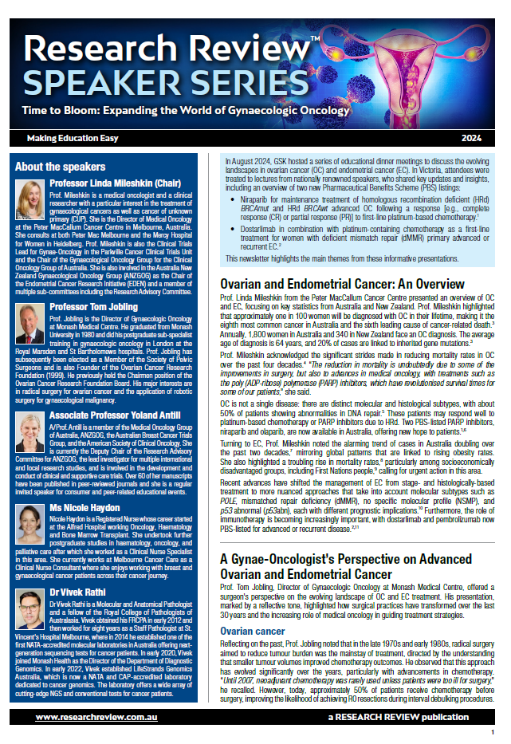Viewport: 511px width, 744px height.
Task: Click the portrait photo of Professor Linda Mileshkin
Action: (31, 199)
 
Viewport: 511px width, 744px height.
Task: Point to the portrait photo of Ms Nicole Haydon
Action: (31, 525)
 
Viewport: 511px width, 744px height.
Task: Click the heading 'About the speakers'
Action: (61, 167)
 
